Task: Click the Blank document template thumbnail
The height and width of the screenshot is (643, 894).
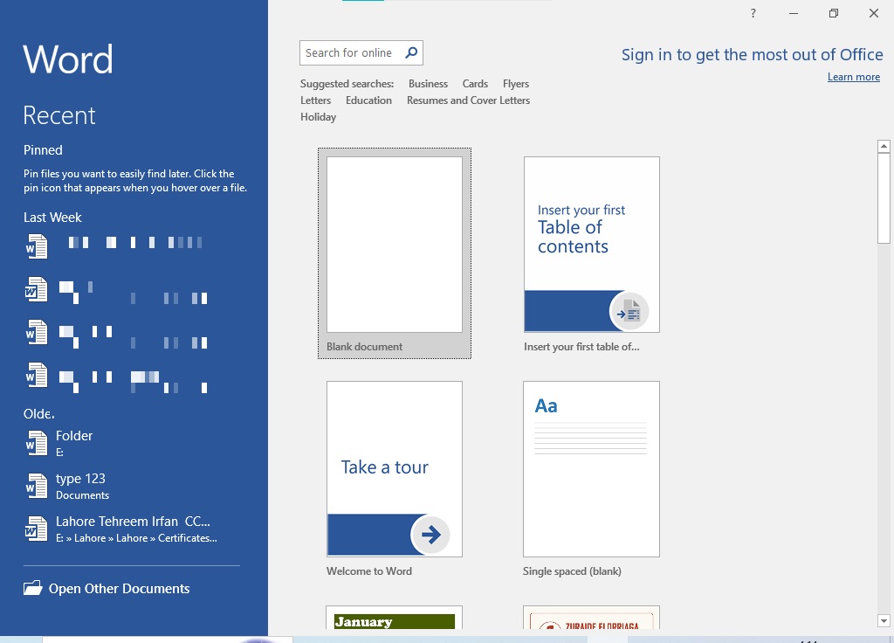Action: pyautogui.click(x=395, y=245)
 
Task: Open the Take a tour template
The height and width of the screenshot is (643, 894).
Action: pyautogui.click(x=395, y=469)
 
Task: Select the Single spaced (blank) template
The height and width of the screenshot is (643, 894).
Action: pyautogui.click(x=591, y=469)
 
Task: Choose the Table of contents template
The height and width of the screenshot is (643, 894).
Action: pyautogui.click(x=591, y=245)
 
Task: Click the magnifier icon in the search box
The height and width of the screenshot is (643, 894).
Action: pyautogui.click(x=411, y=52)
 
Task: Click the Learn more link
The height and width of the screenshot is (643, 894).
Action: pyautogui.click(x=853, y=77)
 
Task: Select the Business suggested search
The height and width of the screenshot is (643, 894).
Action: pyautogui.click(x=428, y=84)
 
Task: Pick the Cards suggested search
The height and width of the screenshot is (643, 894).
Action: pyautogui.click(x=475, y=84)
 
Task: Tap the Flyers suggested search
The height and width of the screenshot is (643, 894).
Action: pyautogui.click(x=516, y=84)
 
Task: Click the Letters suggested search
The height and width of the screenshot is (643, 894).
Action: pyautogui.click(x=315, y=100)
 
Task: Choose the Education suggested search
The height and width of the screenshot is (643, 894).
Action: pyautogui.click(x=368, y=100)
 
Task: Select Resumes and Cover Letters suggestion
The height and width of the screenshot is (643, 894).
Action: pyautogui.click(x=468, y=100)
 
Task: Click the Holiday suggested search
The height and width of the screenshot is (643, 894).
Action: pyautogui.click(x=318, y=117)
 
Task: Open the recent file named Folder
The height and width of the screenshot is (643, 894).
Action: pyautogui.click(x=74, y=436)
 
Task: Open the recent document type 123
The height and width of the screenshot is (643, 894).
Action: pyautogui.click(x=80, y=479)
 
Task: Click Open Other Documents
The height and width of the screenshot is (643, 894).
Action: pyautogui.click(x=119, y=589)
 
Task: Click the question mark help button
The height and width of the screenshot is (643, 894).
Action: pyautogui.click(x=753, y=13)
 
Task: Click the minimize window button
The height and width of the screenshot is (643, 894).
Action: pyautogui.click(x=794, y=13)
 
